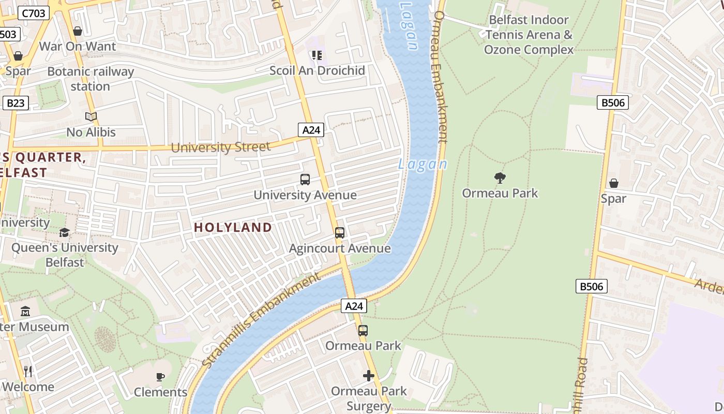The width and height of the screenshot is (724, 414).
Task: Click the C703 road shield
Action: point(34,13)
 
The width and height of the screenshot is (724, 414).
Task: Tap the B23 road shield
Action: point(15,103)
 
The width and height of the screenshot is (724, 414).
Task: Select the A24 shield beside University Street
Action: point(311,130)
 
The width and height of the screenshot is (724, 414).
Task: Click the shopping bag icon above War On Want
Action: point(78,32)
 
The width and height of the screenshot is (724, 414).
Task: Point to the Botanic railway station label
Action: point(90,79)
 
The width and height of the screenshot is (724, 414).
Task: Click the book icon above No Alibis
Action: point(91,117)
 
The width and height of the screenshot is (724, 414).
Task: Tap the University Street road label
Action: point(220,147)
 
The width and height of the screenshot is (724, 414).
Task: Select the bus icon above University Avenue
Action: point(305,180)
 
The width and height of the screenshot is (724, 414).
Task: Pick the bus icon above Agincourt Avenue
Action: point(340,233)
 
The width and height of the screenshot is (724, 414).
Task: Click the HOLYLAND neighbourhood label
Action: point(233,227)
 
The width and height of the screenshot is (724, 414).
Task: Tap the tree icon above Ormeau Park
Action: point(500,178)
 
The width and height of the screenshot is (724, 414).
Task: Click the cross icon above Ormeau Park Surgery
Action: point(369,376)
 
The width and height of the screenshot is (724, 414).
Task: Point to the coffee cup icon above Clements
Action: point(160,377)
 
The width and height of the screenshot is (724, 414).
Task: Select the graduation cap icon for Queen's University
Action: point(64,233)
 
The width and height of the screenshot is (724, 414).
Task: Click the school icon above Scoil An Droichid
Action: point(317,55)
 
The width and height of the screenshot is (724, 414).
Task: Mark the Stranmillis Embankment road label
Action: point(261,321)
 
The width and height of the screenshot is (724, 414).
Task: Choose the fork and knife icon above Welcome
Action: point(28,371)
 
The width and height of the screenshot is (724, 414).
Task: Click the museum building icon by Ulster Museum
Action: point(25,312)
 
